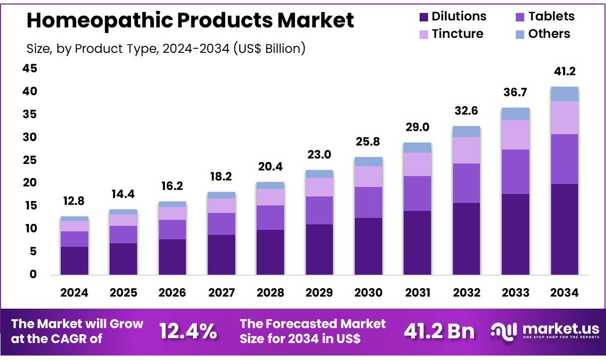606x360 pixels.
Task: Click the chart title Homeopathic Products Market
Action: pyautogui.click(x=190, y=20)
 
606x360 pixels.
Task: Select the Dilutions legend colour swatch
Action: pyautogui.click(x=424, y=17)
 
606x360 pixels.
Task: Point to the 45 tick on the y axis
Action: pyautogui.click(x=29, y=69)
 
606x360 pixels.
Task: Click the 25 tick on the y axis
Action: pyautogui.click(x=29, y=161)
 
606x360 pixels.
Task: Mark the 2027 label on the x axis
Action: pyautogui.click(x=221, y=293)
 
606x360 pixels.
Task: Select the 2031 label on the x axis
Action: pyautogui.click(x=417, y=293)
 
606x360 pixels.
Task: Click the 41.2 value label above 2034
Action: pyautogui.click(x=564, y=72)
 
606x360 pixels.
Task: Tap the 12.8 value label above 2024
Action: pyautogui.click(x=74, y=202)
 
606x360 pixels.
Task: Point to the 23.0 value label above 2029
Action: pyautogui.click(x=319, y=155)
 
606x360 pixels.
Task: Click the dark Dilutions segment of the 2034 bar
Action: pyautogui.click(x=564, y=229)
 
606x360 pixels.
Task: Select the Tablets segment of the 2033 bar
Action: pyautogui.click(x=515, y=172)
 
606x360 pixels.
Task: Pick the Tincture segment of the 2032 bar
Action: pyautogui.click(x=466, y=150)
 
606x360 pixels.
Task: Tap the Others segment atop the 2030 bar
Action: pyautogui.click(x=368, y=162)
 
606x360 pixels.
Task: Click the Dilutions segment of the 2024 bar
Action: pyautogui.click(x=74, y=260)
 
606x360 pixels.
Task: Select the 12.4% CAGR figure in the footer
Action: pyautogui.click(x=188, y=331)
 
